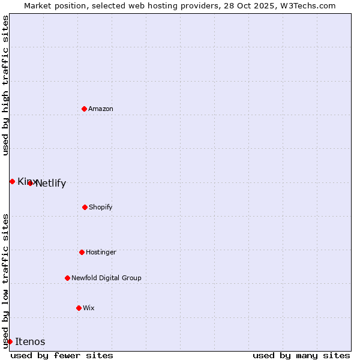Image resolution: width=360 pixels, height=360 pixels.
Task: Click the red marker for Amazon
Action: (x=84, y=109)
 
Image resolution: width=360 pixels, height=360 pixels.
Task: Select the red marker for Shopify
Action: (x=85, y=207)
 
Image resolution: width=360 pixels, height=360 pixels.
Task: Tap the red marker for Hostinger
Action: (x=82, y=252)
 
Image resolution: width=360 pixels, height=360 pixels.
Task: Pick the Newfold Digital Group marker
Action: (x=67, y=278)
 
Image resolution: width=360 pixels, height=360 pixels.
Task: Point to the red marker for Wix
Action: (x=79, y=308)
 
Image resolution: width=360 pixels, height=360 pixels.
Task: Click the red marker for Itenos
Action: (x=10, y=341)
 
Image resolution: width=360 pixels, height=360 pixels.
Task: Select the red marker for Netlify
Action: (x=30, y=183)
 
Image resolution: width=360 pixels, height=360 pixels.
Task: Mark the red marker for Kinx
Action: (x=12, y=181)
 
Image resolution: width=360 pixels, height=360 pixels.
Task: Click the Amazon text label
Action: (x=101, y=109)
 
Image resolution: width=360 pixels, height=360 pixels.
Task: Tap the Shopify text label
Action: (x=101, y=207)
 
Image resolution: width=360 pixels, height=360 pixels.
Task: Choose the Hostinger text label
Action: (x=101, y=252)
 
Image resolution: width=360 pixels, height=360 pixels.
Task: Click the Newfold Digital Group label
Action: (x=106, y=278)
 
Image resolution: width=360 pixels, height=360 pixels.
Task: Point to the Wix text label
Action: (x=89, y=308)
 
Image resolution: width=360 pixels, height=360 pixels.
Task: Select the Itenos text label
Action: (x=30, y=341)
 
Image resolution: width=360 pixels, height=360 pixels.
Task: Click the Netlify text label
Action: (x=51, y=184)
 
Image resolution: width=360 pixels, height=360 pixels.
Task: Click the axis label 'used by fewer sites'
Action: (x=62, y=355)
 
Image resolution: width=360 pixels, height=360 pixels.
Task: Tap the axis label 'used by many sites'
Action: (x=301, y=355)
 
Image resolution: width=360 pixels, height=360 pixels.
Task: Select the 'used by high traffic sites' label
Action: (x=5, y=85)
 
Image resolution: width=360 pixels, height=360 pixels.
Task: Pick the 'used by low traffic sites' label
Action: (x=5, y=280)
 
